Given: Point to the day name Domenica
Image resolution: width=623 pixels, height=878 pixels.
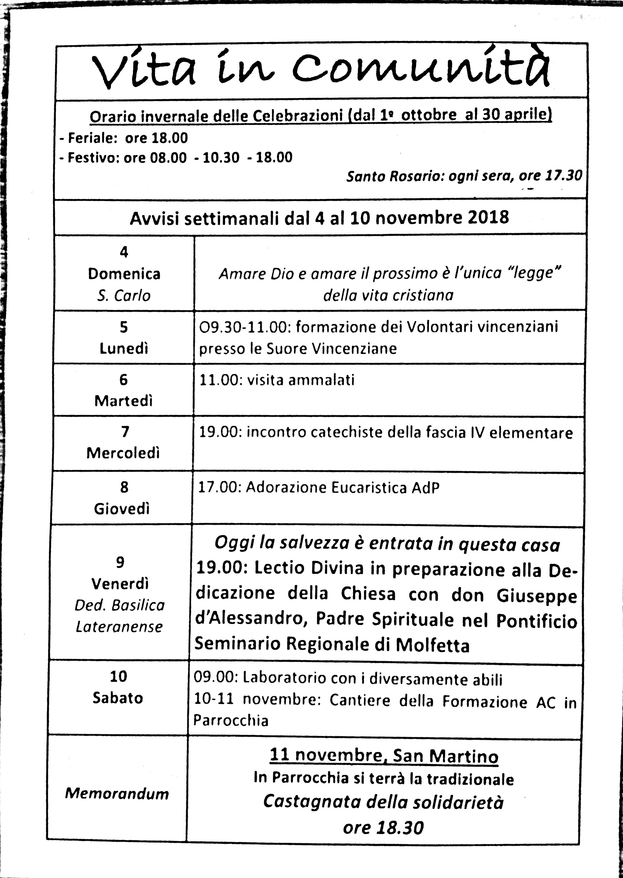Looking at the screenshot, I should click(124, 274).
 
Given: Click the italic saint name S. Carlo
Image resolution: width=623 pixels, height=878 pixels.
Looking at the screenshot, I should click(124, 296).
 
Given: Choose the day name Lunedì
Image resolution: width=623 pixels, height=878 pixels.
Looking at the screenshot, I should click(123, 348).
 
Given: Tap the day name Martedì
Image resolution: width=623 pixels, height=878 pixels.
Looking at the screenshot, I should click(123, 401).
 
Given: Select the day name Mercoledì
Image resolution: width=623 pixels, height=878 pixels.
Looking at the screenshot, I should click(123, 453).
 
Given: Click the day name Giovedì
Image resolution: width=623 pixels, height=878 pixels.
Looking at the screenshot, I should click(122, 509).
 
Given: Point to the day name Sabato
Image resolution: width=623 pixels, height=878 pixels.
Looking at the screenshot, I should click(118, 698).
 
